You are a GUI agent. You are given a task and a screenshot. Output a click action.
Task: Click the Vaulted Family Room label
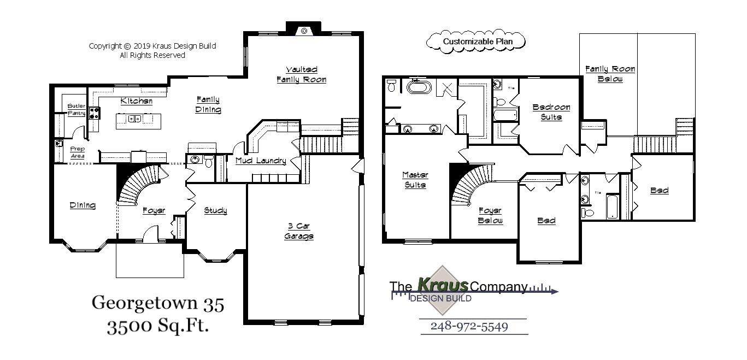point(301,74)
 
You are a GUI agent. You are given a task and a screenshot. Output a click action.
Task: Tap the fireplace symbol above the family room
point(302,31)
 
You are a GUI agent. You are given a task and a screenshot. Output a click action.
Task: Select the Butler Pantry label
point(76,109)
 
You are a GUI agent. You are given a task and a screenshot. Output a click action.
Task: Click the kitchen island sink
point(134,119)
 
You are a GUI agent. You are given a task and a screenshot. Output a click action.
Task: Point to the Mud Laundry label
point(261,161)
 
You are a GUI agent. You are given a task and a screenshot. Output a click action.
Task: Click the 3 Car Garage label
point(299,231)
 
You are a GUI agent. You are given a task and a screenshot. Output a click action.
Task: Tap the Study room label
point(215,210)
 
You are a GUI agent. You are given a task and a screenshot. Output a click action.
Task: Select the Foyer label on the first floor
point(154,210)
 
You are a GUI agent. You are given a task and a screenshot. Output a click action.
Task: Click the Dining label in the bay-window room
point(83,205)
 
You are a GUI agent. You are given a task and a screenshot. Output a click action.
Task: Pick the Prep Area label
point(78,152)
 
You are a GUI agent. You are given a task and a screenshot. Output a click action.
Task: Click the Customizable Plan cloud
point(475,42)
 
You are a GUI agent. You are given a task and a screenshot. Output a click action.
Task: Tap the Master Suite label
point(415,180)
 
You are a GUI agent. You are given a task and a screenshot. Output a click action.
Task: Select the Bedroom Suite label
point(551,112)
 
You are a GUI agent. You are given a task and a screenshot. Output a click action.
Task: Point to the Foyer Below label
point(490,215)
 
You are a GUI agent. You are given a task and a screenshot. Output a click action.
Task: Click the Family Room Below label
point(610,74)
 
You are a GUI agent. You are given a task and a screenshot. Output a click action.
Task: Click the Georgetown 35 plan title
point(158,303)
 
